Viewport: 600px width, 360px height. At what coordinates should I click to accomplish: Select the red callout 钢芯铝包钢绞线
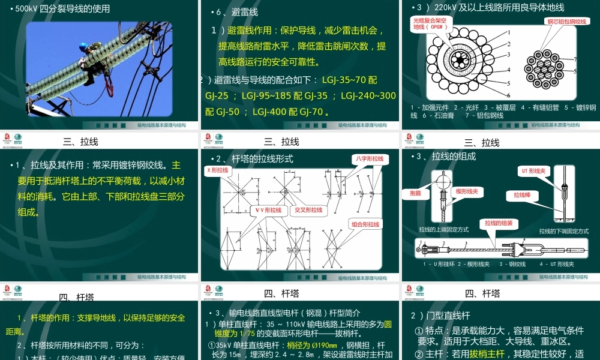[566, 22]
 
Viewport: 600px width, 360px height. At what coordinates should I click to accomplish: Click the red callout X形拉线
[218, 170]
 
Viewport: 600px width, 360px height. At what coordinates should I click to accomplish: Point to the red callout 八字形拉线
[369, 159]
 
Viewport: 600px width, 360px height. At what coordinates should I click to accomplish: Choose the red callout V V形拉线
[268, 211]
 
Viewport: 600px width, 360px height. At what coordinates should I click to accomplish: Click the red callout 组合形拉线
[365, 224]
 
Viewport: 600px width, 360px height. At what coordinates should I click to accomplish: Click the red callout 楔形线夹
[466, 191]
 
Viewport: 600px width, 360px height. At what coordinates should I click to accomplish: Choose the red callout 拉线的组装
[499, 223]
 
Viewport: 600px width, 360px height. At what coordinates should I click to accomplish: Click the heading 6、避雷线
[235, 13]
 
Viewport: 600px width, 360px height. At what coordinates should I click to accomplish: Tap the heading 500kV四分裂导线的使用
[59, 9]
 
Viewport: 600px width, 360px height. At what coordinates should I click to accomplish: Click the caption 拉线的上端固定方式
[443, 229]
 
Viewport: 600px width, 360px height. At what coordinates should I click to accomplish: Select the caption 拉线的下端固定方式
[563, 231]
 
